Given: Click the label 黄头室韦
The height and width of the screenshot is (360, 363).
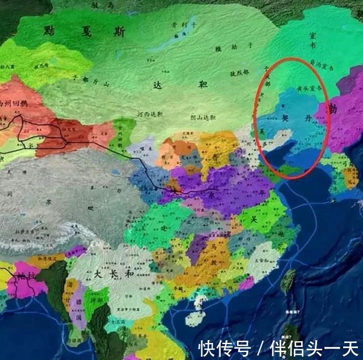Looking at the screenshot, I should pyautogui.click(x=309, y=89).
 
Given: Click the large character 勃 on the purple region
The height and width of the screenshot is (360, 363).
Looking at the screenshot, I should pyautogui.click(x=332, y=110).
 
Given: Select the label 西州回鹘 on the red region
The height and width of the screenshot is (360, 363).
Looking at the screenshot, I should pyautogui.click(x=12, y=104).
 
